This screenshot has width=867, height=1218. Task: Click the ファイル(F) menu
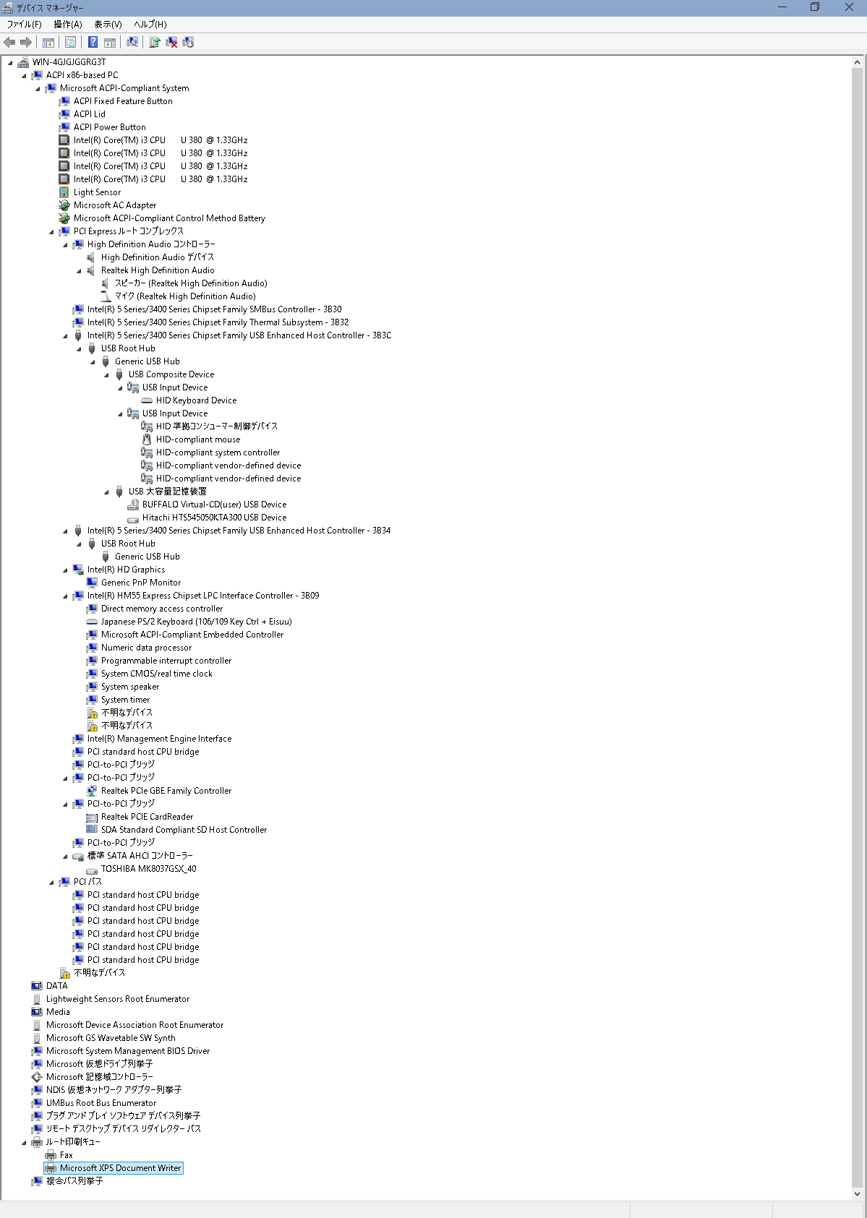pos(24,25)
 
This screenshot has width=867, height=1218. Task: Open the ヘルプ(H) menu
pos(150,25)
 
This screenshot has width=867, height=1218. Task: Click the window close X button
pos(849,7)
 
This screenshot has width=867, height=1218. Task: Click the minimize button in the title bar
pos(782,7)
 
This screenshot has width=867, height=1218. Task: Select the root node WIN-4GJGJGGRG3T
pos(69,62)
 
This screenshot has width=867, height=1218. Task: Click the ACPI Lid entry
pos(89,114)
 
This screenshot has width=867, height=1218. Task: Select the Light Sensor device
pos(97,192)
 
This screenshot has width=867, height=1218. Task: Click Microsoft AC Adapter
pos(115,205)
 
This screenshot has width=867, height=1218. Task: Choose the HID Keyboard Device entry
pos(196,400)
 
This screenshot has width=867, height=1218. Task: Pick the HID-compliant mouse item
pos(197,440)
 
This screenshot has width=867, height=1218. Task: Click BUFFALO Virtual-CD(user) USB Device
pos(214,505)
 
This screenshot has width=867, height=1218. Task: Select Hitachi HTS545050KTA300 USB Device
pos(214,518)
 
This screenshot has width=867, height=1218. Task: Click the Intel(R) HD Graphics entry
pos(126,570)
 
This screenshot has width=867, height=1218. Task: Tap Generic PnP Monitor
pos(140,583)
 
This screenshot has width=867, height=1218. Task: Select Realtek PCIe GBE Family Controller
pos(166,791)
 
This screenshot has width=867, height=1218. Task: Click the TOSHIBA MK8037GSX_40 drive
pos(148,869)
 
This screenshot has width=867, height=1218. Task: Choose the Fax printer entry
pos(66,1155)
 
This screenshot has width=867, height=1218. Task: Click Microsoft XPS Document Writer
pos(120,1169)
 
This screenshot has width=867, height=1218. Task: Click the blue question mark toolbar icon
pos(93,43)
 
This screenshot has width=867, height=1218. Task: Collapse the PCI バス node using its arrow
pos(51,883)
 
